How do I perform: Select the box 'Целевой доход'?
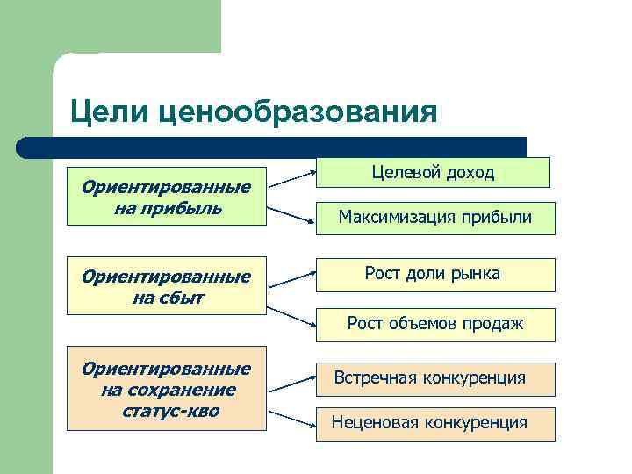[x=433, y=172]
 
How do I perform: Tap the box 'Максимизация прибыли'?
[x=436, y=217]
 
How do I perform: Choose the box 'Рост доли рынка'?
[x=436, y=274]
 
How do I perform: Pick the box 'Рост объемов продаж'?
[x=436, y=324]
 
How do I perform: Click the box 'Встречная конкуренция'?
[x=436, y=378]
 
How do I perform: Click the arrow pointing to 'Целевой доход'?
[x=292, y=178]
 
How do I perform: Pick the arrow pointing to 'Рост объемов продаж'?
[x=292, y=318]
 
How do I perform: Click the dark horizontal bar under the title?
[x=272, y=147]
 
